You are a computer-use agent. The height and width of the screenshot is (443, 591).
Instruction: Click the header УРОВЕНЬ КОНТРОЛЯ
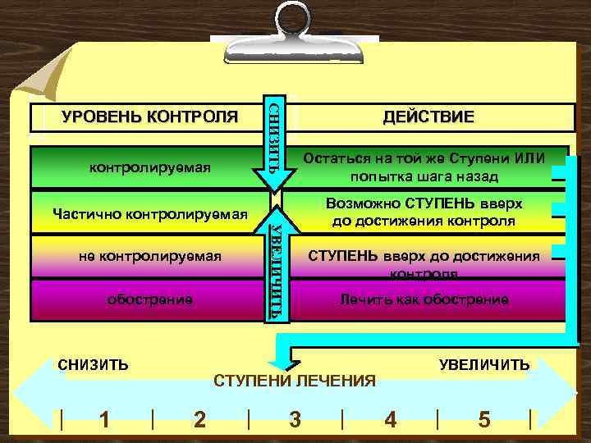click(x=150, y=117)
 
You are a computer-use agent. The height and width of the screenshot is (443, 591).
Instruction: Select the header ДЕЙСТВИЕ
click(x=428, y=117)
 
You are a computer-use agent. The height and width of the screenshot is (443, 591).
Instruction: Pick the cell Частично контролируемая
click(x=150, y=213)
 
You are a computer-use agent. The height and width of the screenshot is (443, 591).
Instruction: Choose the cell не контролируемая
click(x=150, y=256)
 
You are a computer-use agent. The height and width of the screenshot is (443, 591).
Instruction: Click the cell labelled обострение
click(x=150, y=299)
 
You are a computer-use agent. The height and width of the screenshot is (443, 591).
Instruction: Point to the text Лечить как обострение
click(x=424, y=299)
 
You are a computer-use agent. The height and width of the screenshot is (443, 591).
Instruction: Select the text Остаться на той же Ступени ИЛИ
click(x=424, y=158)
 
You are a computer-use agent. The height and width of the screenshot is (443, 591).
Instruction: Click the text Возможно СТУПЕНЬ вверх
click(x=424, y=203)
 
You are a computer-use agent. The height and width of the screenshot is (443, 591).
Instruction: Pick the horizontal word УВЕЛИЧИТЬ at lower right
click(x=483, y=364)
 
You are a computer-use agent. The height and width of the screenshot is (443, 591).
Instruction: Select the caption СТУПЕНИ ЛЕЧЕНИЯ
click(x=295, y=381)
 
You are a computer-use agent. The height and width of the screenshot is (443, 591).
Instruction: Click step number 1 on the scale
click(x=104, y=419)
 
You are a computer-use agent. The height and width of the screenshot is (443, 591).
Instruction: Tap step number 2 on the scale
click(x=199, y=419)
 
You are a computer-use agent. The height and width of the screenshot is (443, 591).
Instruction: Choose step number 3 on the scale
click(x=295, y=419)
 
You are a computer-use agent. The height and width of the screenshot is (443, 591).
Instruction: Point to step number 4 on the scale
click(x=391, y=419)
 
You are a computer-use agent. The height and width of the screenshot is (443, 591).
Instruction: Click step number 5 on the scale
click(x=484, y=419)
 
